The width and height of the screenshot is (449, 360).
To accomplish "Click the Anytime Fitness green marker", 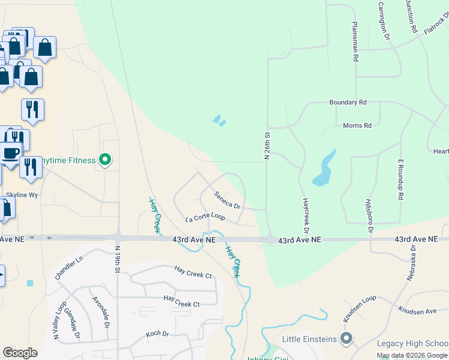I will tap(106, 160).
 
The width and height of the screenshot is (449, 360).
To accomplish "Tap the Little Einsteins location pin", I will tap(345, 339).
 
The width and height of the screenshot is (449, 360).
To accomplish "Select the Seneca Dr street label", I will tap(228, 200).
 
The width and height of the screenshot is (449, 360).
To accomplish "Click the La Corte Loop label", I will tap(205, 218).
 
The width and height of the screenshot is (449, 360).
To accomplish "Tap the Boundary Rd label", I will tap(348, 103).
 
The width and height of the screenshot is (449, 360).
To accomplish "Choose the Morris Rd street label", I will tap(357, 125).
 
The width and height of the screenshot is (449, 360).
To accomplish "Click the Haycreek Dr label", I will tap(306, 216).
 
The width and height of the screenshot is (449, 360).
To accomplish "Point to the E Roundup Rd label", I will tap(400, 179).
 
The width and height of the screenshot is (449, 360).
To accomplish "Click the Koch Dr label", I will tap(157, 334).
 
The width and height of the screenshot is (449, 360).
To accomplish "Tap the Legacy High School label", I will tap(412, 343).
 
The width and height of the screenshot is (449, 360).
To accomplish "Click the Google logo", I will tap(20, 352).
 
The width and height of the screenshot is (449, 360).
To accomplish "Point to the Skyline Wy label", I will tap(22, 195).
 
